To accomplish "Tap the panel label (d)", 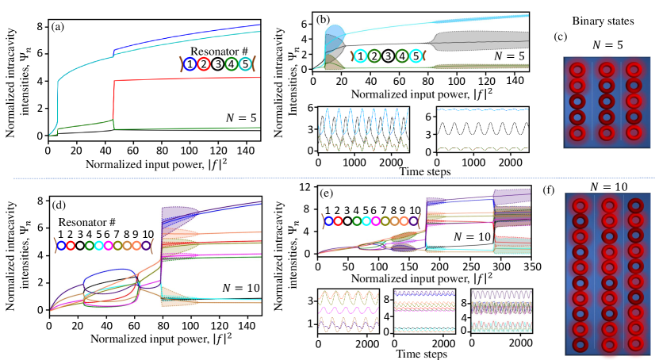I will point(58,205).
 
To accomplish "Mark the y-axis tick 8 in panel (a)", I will point(40,26).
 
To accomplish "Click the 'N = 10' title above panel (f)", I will point(607,186).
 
